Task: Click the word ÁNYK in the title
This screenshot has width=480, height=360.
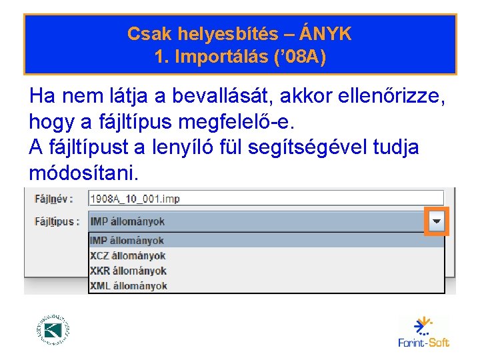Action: pyautogui.click(x=326, y=33)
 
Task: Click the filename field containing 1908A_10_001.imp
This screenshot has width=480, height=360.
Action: pyautogui.click(x=266, y=199)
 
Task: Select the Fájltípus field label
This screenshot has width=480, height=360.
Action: pyautogui.click(x=57, y=221)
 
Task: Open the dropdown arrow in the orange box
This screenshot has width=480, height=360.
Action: pyautogui.click(x=436, y=221)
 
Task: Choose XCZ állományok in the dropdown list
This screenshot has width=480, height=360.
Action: pyautogui.click(x=128, y=256)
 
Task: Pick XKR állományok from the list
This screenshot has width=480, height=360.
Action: pyautogui.click(x=128, y=271)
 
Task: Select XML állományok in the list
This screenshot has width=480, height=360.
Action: pyautogui.click(x=128, y=285)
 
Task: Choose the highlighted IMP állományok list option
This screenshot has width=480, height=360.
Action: pyautogui.click(x=127, y=241)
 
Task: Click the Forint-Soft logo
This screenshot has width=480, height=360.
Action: pyautogui.click(x=423, y=333)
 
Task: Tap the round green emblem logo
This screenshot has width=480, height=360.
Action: pyautogui.click(x=53, y=329)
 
